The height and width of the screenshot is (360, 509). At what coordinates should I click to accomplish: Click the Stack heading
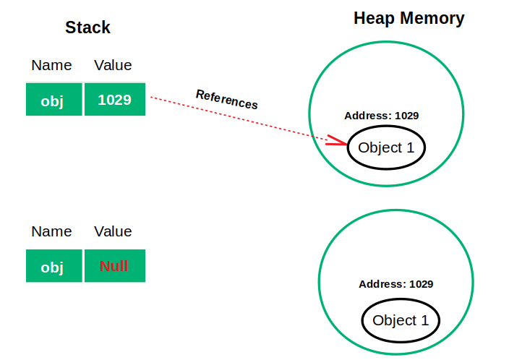(87, 27)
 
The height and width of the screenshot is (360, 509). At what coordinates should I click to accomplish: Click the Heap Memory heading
(409, 18)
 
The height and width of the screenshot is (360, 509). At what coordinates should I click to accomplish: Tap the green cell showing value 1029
(114, 100)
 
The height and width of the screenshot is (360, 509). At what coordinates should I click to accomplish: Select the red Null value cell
(114, 266)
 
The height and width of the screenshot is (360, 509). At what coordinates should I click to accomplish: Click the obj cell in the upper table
(53, 100)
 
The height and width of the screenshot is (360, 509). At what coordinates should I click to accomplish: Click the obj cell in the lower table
(53, 266)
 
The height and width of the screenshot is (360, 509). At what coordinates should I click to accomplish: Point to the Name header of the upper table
(51, 65)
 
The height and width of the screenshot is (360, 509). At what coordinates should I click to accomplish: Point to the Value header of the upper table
(113, 65)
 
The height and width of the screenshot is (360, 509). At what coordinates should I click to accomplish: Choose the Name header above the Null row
(51, 231)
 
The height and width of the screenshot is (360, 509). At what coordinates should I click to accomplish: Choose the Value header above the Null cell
(113, 231)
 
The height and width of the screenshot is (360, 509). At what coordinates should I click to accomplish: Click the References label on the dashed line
(226, 100)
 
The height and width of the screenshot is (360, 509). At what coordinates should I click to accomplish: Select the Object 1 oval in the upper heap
(386, 148)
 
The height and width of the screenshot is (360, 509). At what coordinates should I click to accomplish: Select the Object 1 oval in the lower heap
(400, 321)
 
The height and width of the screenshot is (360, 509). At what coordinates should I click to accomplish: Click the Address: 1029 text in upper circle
(381, 116)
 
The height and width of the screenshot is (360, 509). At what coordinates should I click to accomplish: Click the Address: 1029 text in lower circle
(395, 284)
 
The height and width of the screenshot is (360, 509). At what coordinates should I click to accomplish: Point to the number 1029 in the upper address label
(407, 116)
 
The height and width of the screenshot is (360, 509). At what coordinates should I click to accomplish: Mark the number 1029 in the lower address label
(422, 284)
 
